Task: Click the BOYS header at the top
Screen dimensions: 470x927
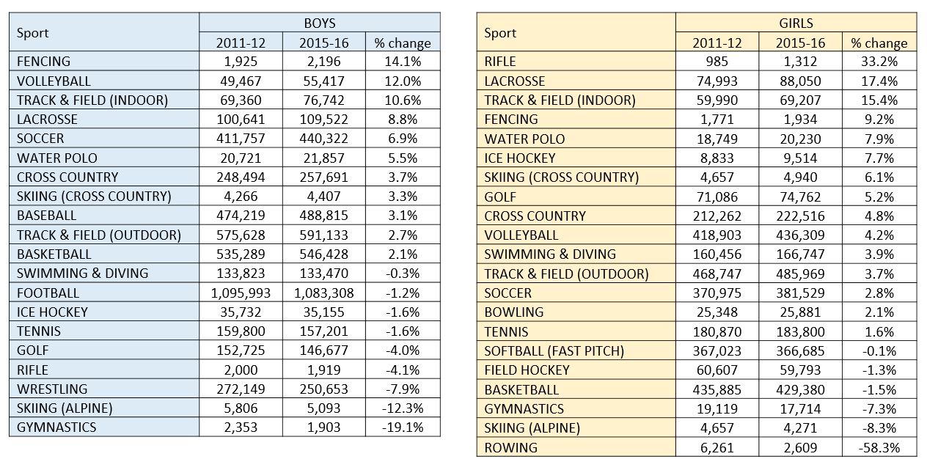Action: pos(320,23)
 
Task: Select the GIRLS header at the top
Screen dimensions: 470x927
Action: pos(796,23)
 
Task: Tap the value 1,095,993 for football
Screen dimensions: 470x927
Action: pos(241,293)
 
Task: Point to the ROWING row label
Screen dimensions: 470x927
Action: pos(510,447)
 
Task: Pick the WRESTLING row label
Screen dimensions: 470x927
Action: pos(51,389)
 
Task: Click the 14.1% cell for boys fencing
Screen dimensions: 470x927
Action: pos(402,62)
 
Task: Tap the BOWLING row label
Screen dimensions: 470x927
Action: pos(514,312)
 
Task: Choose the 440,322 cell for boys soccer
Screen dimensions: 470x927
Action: pos(323,139)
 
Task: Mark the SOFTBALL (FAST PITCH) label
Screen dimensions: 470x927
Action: pos(554,350)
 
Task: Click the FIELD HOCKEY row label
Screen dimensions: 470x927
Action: pos(527,370)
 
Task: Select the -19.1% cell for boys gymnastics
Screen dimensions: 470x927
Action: pos(402,427)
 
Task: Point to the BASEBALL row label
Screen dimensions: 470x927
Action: pos(46,216)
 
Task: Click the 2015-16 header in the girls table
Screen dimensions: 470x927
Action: pos(800,43)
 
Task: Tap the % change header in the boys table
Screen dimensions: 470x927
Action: pos(402,43)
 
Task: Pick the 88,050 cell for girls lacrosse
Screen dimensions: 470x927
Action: pos(800,81)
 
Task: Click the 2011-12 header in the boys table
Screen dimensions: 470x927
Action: pos(241,43)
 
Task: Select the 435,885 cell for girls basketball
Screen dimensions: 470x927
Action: pos(717,389)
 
